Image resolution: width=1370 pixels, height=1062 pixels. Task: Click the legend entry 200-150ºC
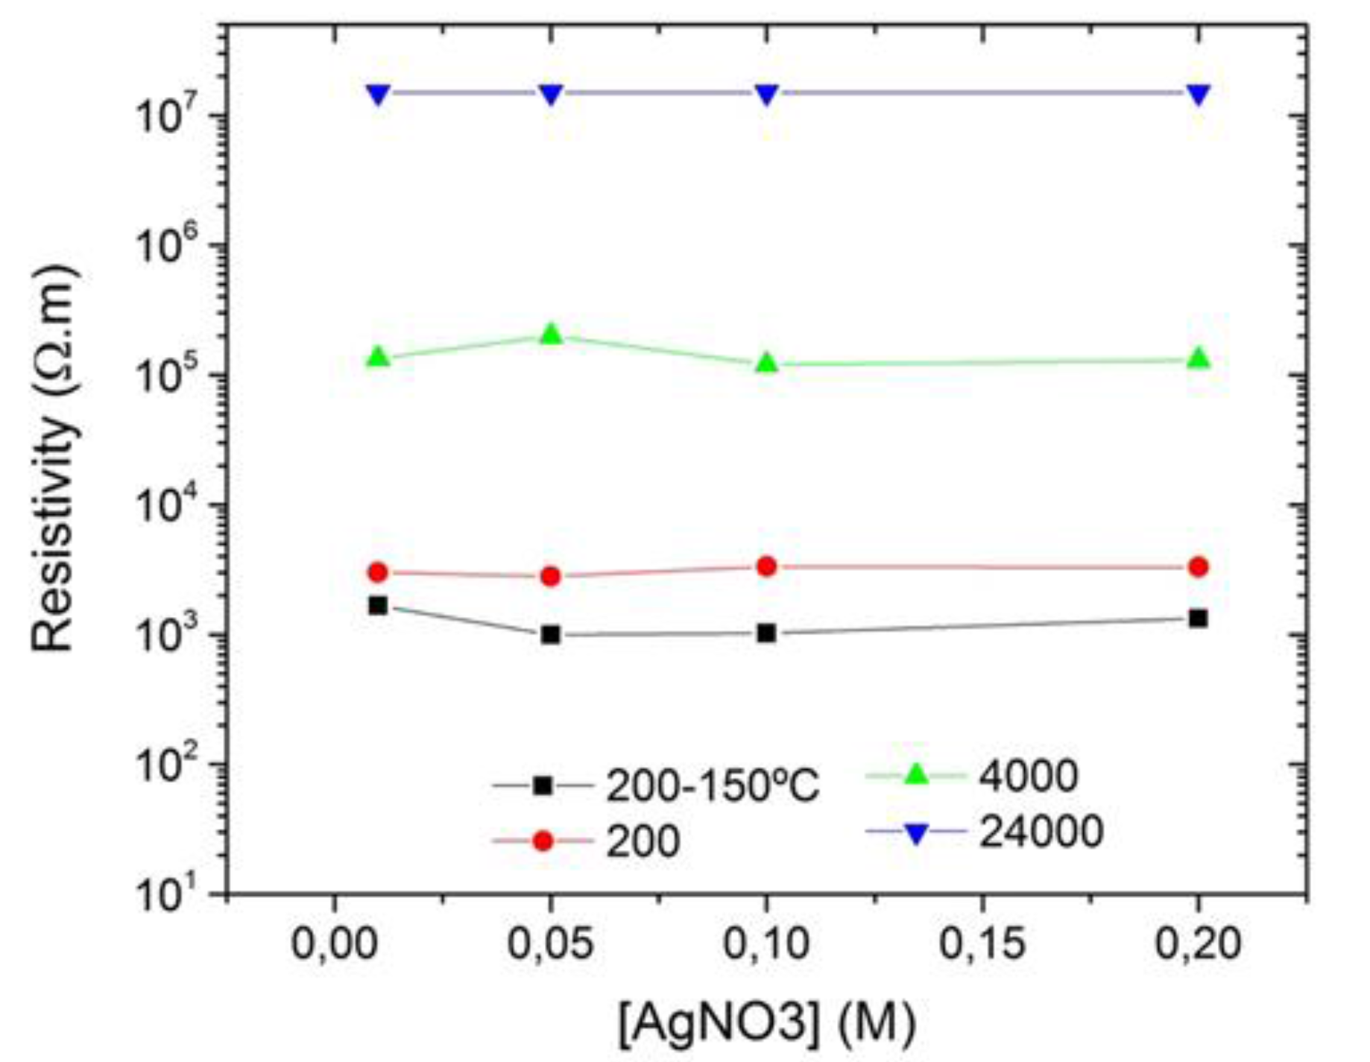pos(712,786)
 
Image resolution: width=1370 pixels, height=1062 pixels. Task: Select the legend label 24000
pos(1041,831)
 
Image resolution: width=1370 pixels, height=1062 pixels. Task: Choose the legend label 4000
pos(1028,776)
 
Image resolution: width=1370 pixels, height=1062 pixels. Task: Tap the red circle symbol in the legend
pos(543,841)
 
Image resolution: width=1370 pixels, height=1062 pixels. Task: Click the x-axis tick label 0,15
pos(982,944)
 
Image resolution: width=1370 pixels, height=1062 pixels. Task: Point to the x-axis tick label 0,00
pos(334,944)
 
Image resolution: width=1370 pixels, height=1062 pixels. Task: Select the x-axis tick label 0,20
pos(1197,944)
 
